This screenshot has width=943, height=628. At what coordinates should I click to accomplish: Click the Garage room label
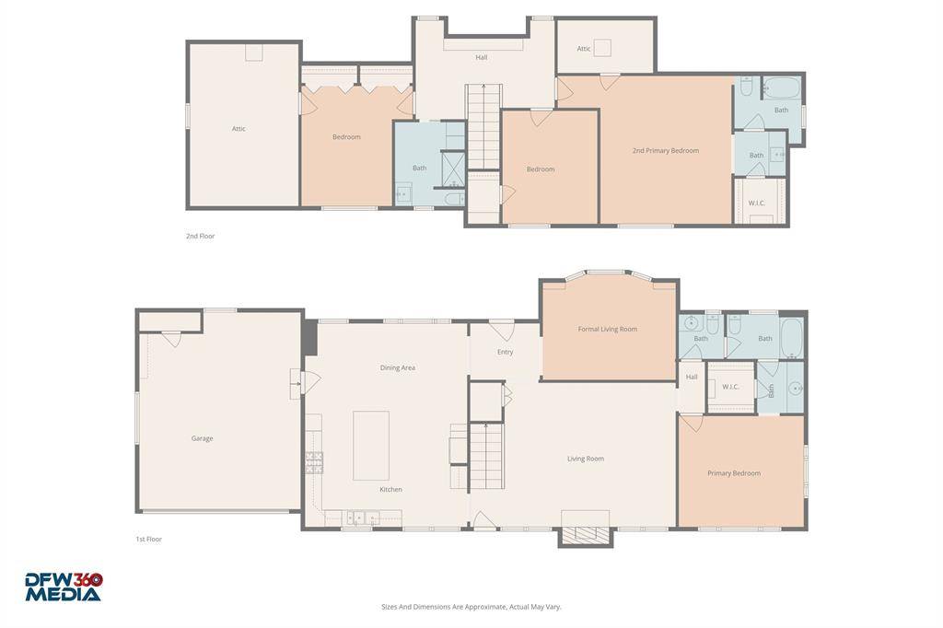tap(202, 438)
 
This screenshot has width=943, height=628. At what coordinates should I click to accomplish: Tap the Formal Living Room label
tap(607, 329)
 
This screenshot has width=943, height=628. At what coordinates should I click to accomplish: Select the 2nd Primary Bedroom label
tap(665, 150)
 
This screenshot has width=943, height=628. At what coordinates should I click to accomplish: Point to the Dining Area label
tap(397, 367)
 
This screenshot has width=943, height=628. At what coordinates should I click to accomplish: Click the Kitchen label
tap(390, 489)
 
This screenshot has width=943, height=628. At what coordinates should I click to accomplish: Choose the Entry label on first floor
tap(505, 352)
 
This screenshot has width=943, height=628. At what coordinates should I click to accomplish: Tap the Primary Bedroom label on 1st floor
tap(734, 473)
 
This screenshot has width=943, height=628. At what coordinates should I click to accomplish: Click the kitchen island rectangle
tap(371, 445)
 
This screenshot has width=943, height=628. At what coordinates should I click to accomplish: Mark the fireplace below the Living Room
tap(586, 534)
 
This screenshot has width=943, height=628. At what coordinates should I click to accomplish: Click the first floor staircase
tap(487, 457)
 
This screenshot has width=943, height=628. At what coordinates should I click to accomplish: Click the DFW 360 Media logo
tap(64, 587)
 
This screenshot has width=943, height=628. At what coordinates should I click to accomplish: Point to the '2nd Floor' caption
tap(200, 236)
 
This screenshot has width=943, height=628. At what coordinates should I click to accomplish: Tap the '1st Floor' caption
tap(148, 539)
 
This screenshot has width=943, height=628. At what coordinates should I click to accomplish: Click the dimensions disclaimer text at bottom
tap(471, 607)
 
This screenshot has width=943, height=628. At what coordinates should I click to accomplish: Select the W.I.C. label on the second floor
tap(756, 203)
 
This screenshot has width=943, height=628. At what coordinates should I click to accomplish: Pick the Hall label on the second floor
tap(481, 57)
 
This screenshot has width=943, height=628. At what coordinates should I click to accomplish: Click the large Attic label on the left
tap(239, 129)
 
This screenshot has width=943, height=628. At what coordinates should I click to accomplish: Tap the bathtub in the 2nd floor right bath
tap(782, 91)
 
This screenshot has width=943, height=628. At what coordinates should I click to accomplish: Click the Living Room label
tap(585, 459)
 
